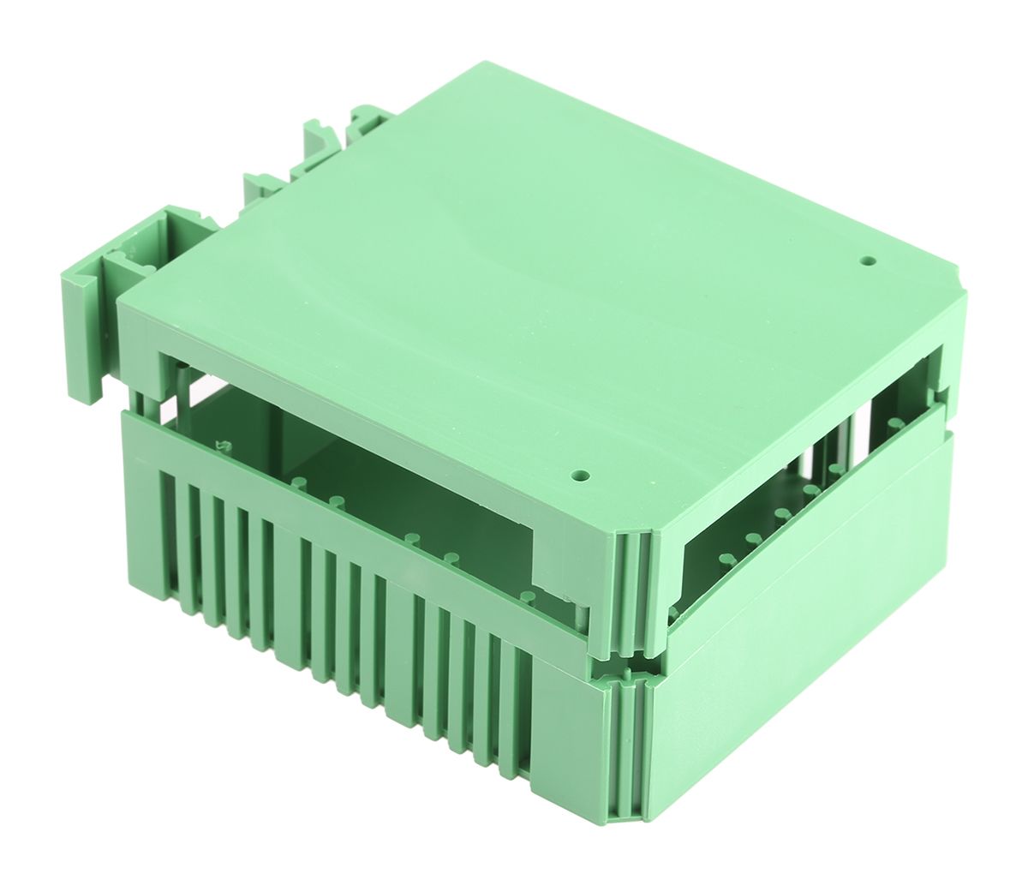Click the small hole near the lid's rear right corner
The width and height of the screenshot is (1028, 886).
[868, 258]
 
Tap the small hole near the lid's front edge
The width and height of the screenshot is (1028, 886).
[582, 473]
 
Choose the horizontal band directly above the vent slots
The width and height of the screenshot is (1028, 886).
[343, 514]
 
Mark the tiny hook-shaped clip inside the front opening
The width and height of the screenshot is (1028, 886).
[225, 445]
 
